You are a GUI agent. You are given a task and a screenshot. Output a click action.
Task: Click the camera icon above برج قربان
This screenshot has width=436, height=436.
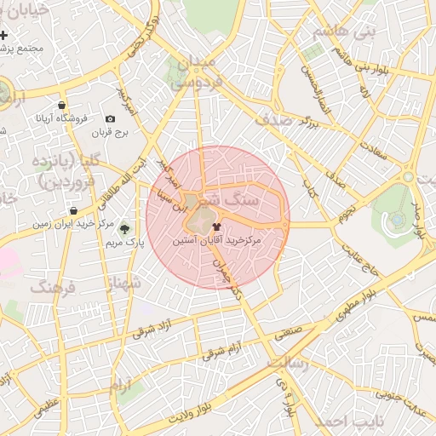(x=110, y=119)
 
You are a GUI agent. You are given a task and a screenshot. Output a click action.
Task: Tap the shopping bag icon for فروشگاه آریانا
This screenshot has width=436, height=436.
(x=63, y=106)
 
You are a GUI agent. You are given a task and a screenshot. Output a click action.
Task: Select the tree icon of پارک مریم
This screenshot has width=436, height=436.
(x=125, y=228)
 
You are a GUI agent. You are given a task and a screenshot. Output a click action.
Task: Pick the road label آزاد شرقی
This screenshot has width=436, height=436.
(x=158, y=328)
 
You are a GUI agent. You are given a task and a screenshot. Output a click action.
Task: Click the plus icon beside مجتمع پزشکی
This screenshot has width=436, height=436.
(x=5, y=36)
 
